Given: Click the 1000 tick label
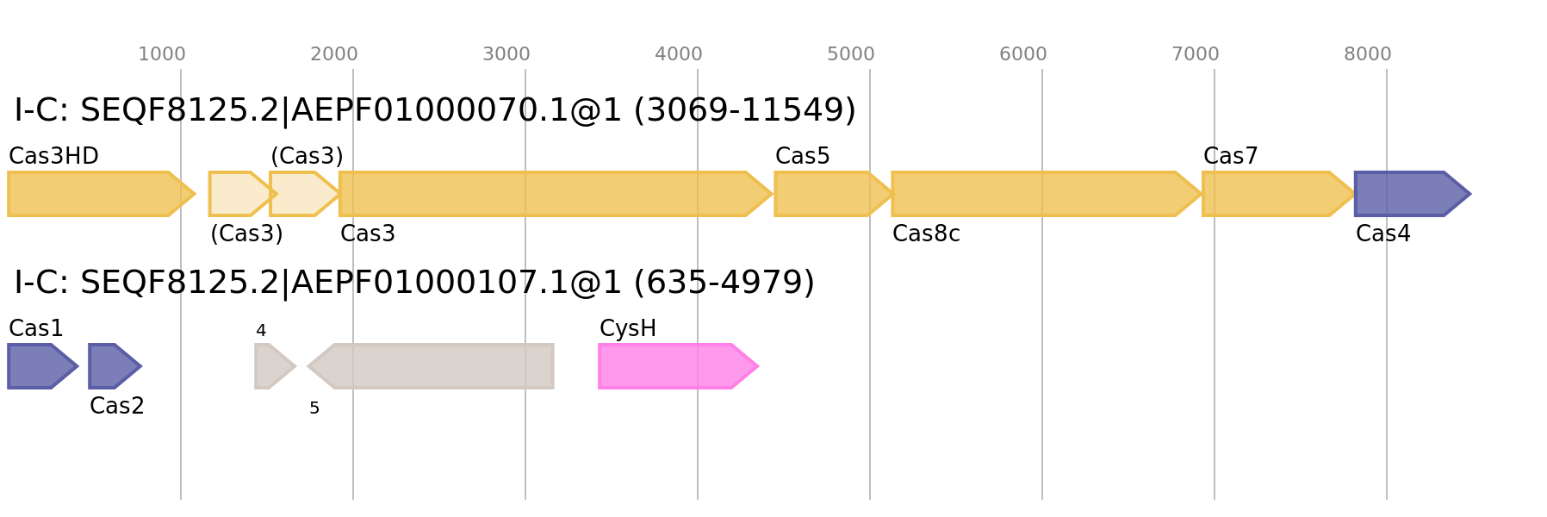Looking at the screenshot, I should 162,54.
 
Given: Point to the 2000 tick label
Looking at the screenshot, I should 334,54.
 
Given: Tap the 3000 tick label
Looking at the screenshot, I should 506,54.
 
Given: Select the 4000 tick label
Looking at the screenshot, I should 679,54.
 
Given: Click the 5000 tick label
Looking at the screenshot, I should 851,54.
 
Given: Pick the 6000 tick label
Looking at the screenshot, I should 1023,54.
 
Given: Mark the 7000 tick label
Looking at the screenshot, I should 1196,54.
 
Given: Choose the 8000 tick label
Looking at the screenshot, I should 1368,54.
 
